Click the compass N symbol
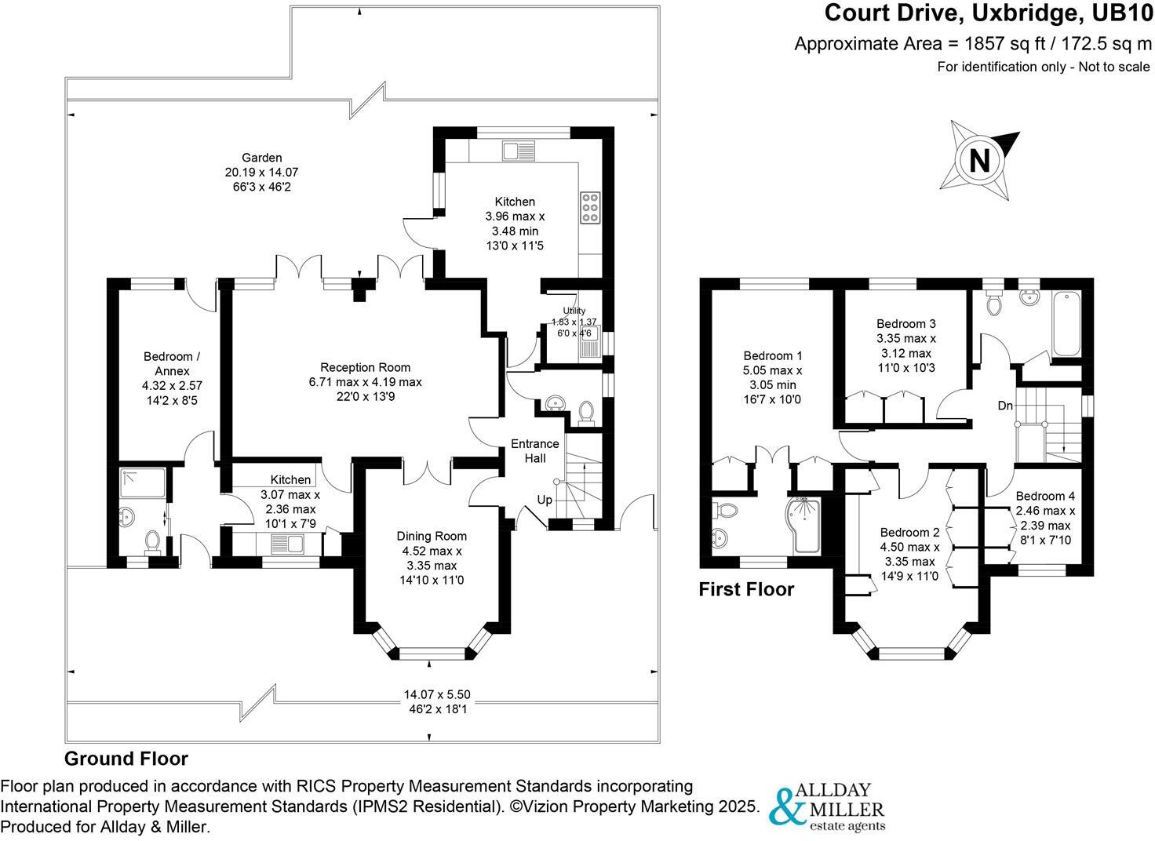(x=981, y=161)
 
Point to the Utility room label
(x=574, y=311)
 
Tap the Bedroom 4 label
(x=1044, y=496)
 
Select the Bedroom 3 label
(x=905, y=323)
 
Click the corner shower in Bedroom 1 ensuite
(x=802, y=523)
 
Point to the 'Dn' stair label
(x=1005, y=406)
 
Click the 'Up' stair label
(x=545, y=500)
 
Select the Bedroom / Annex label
(x=171, y=363)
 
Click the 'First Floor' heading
(x=745, y=589)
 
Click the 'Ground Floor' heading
(x=126, y=759)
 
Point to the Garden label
(x=261, y=158)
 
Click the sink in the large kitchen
(x=519, y=150)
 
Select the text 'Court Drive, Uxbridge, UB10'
(x=988, y=13)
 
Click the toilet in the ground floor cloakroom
(x=585, y=411)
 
